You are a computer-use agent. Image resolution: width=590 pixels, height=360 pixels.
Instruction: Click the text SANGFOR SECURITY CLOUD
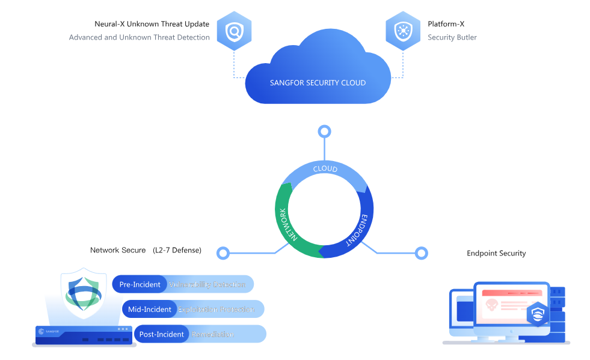coord(318,83)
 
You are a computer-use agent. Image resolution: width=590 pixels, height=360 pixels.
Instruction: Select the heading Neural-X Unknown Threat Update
coord(152,24)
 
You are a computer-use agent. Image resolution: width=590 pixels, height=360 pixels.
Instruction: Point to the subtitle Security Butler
coord(452,37)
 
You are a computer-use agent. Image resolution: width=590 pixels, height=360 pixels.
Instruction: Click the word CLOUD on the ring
coord(325,169)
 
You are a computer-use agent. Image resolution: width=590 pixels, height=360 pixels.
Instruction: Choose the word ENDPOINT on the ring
coord(358,230)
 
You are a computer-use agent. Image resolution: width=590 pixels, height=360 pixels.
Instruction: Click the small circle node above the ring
coord(325,132)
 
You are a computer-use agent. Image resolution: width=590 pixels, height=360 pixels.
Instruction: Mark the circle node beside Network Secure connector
coord(223,253)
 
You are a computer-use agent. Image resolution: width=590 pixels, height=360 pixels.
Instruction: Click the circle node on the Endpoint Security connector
coord(422,253)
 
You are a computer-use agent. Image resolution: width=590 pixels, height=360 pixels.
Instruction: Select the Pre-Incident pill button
coord(140,284)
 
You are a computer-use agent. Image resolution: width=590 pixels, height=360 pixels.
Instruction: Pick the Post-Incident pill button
coord(161,334)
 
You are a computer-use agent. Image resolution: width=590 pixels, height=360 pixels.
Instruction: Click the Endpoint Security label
coord(496,254)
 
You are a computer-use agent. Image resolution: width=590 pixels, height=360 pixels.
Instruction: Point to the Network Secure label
coord(118,250)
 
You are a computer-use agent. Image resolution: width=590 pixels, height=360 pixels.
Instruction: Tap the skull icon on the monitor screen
coord(491,305)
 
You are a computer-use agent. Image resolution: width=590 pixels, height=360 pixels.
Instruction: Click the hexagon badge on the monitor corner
coord(537,314)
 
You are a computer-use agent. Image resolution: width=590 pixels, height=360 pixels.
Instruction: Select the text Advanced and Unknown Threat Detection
coord(140,37)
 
